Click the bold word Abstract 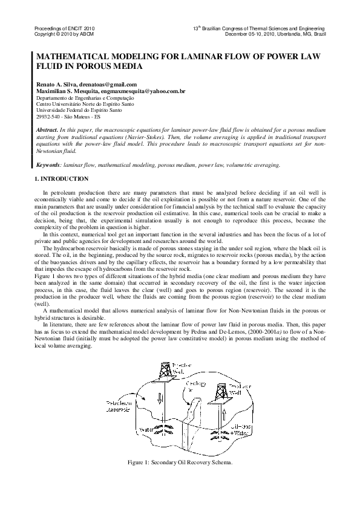click(47, 131)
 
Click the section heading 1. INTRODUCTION click(61, 179)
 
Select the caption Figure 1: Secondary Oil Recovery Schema click(180, 462)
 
